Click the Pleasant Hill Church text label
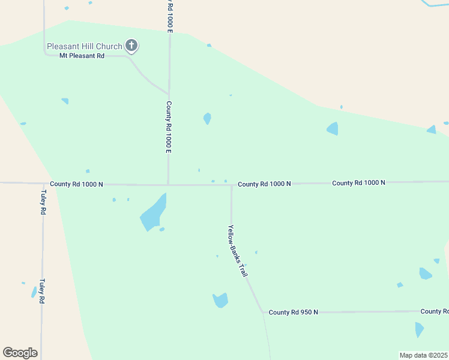click(x=84, y=46)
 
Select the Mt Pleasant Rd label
click(x=82, y=56)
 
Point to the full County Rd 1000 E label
click(x=169, y=127)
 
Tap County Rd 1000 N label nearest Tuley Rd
click(x=77, y=184)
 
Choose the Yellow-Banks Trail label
click(x=238, y=250)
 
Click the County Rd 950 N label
click(x=293, y=312)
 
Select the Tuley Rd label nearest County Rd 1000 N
click(x=43, y=203)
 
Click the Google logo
click(x=20, y=353)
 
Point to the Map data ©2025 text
click(x=424, y=355)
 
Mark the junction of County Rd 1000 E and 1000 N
click(x=168, y=184)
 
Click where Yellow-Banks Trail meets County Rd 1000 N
click(x=232, y=185)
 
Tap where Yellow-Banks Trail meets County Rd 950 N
click(x=262, y=312)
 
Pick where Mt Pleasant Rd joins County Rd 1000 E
click(x=168, y=94)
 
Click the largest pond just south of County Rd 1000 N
click(x=153, y=213)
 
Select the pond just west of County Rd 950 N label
click(x=220, y=300)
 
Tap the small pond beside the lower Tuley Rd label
click(x=34, y=292)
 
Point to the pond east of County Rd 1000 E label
click(x=207, y=118)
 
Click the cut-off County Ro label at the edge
click(x=434, y=311)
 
